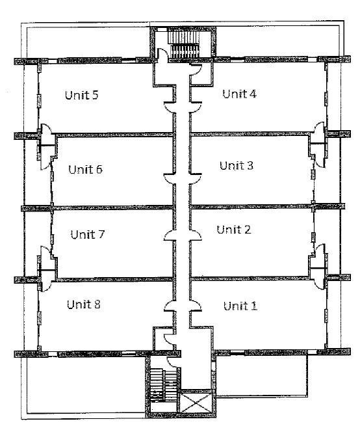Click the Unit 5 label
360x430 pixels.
click(82, 95)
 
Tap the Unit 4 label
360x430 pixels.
click(239, 94)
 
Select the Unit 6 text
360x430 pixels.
click(86, 170)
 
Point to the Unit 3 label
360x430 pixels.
click(237, 165)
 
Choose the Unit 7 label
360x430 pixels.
click(88, 234)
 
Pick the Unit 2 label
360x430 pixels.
click(234, 229)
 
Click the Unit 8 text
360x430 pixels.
click(84, 304)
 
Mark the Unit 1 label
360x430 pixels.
click(240, 306)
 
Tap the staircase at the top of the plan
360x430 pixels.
click(183, 44)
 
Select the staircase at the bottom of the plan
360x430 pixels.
click(163, 386)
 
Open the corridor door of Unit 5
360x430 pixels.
click(170, 107)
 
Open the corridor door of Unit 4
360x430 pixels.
click(196, 107)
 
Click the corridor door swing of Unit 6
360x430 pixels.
click(170, 180)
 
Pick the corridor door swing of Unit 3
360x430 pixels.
click(196, 180)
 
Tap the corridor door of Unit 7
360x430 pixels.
click(170, 235)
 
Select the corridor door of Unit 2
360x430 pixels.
click(196, 235)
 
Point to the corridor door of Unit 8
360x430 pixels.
click(170, 306)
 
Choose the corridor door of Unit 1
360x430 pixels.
click(196, 306)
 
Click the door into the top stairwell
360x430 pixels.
click(162, 54)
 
